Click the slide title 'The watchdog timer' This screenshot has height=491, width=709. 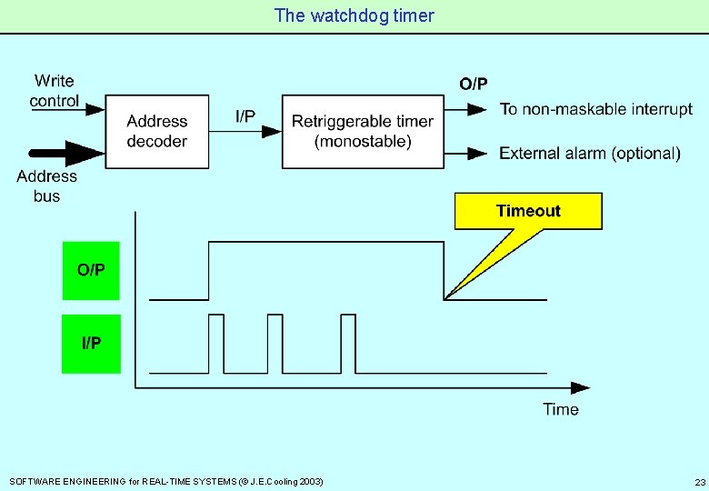(x=354, y=15)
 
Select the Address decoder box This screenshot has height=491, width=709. (x=156, y=130)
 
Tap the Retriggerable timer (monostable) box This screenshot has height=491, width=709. (x=362, y=131)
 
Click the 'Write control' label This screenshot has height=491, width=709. (x=55, y=91)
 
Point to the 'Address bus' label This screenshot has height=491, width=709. (x=46, y=185)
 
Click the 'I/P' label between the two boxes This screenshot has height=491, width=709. (x=245, y=115)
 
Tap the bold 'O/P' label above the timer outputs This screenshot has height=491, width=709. (x=473, y=85)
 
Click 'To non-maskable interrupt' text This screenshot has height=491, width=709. (x=595, y=109)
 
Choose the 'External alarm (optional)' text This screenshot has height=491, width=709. (x=589, y=153)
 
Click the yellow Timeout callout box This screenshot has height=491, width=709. (x=528, y=211)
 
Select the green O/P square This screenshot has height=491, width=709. (x=91, y=270)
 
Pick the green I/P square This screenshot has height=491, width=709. (x=91, y=343)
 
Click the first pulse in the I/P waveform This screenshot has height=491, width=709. (x=215, y=343)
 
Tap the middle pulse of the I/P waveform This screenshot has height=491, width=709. (x=275, y=343)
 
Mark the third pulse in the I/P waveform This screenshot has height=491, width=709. (x=348, y=343)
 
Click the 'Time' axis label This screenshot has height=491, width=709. (x=561, y=409)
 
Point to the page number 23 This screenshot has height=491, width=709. (x=699, y=481)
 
